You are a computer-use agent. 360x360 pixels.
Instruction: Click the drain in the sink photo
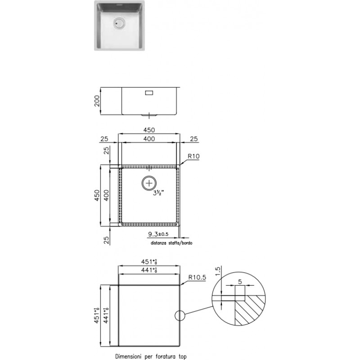119,23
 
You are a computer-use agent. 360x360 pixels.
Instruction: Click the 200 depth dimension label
97,101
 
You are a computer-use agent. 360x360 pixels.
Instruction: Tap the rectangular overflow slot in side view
149,93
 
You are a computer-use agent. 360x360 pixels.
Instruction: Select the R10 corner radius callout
193,156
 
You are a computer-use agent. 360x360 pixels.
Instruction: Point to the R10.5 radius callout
197,277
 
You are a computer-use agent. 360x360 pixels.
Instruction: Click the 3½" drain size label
158,193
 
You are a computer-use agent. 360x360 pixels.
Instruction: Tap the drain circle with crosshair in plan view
149,183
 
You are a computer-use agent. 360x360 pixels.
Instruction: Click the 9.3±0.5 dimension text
158,234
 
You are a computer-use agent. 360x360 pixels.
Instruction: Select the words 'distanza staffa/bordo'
171,243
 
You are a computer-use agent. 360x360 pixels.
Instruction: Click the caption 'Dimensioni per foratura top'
151,356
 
